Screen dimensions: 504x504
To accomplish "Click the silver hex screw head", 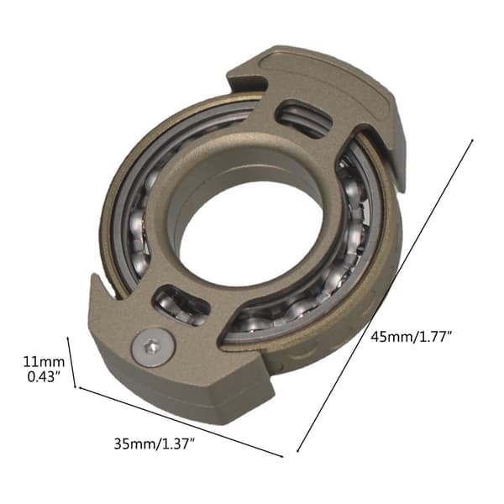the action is click(x=154, y=347).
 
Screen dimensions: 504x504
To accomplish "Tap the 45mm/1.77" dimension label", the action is click(x=412, y=337).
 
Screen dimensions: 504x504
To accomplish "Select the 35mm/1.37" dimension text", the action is click(x=155, y=444).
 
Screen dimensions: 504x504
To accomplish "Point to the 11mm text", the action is click(x=44, y=362).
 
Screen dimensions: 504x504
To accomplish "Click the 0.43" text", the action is click(x=44, y=376).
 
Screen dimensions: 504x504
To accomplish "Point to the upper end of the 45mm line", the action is click(x=472, y=139).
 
